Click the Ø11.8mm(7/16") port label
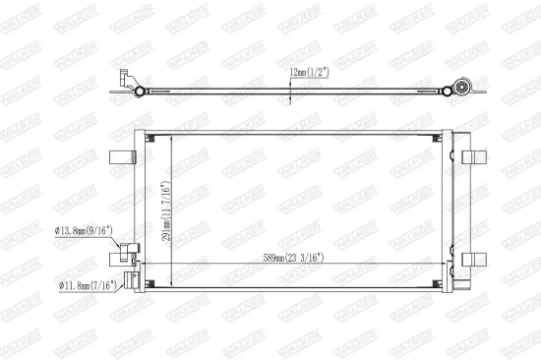click(87, 286)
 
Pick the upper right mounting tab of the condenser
click(477, 155)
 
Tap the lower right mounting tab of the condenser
click(477, 260)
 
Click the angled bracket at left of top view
click(124, 79)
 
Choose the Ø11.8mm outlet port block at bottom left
click(129, 279)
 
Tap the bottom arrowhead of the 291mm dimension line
click(172, 288)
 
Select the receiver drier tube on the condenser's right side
click(451, 211)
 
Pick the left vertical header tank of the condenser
click(141, 211)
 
